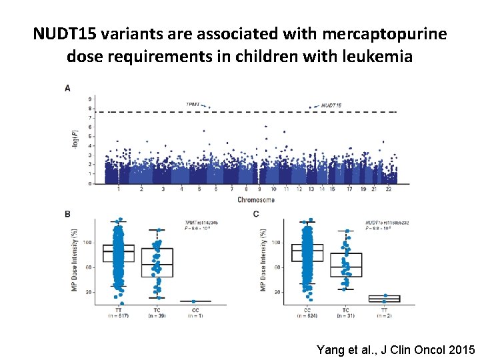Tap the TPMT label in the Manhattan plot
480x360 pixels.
(193, 104)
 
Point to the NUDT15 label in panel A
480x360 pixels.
(331, 105)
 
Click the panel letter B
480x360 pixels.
(67, 214)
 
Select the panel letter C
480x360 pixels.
(257, 214)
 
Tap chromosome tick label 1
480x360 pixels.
(119, 189)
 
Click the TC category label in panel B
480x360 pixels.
(157, 310)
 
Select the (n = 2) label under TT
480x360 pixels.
(384, 315)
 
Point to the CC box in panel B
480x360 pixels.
(195, 301)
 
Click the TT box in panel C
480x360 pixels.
(384, 298)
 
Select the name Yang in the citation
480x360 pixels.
(331, 350)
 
